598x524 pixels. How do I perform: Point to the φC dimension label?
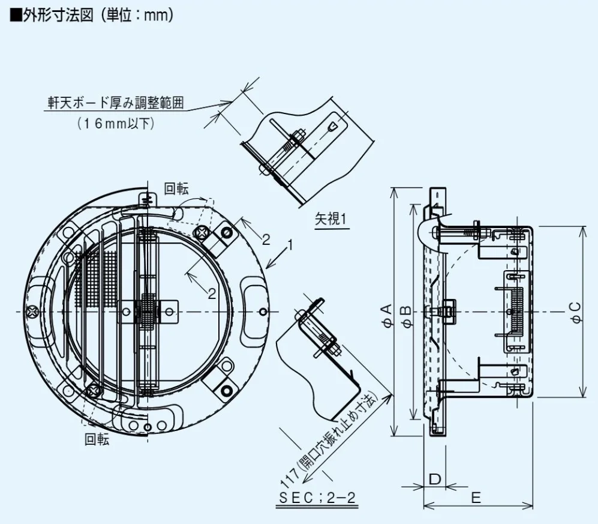576,313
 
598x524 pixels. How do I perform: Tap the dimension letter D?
436,478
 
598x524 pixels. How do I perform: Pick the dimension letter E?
476,498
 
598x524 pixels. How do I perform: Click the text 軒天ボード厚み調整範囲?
116,103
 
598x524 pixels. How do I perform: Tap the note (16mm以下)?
116,124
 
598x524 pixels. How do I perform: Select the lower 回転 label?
97,439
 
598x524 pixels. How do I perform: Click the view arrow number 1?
290,245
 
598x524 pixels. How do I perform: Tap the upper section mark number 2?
265,239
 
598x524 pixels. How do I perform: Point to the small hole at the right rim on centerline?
265,312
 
